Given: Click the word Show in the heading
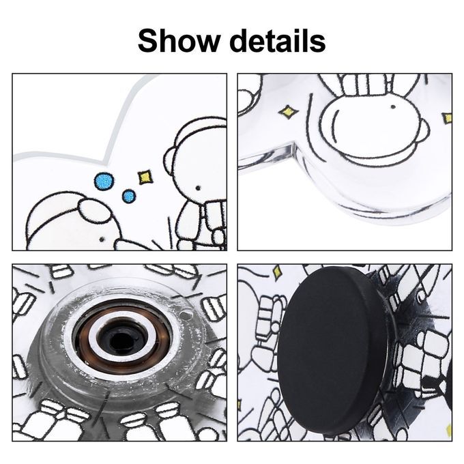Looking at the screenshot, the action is pos(179,41).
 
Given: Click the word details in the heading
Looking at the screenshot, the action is pos(278,41).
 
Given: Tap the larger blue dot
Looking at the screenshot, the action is pos(104,181).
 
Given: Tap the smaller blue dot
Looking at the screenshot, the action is pos(129,196).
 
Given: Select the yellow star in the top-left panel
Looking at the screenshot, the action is pos(145,177).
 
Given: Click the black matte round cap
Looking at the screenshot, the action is pos(332,351).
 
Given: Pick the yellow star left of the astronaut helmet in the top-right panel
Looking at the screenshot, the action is pos(289,112).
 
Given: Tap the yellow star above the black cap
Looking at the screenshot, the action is pos(277,272).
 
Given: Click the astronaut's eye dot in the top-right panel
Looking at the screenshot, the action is pos(393,106).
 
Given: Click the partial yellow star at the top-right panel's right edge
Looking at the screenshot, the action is pos(448,118).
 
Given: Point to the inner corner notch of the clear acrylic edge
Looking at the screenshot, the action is pos(293,145).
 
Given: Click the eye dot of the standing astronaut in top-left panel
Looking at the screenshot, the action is pos(198,188).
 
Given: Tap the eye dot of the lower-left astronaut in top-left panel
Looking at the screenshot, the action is pos(102,239).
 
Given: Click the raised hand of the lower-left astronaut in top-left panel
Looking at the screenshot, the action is pos(94,210).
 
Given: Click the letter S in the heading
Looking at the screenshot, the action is pos(149,41).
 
